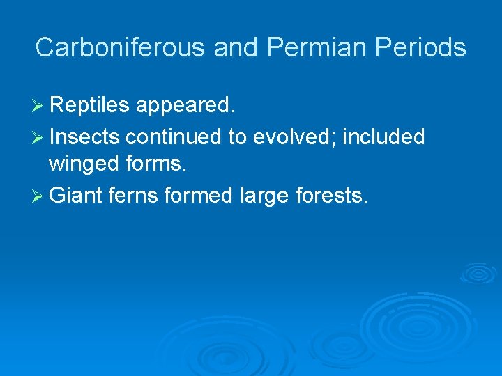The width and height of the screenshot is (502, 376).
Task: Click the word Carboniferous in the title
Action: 121,47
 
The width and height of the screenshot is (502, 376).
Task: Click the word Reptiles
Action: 90,105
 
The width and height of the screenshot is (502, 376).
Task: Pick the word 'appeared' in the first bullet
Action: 186,105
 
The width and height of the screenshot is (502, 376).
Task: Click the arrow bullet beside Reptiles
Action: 39,106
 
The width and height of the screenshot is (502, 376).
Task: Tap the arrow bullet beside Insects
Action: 39,138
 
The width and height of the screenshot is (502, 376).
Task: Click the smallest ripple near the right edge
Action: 478,272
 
